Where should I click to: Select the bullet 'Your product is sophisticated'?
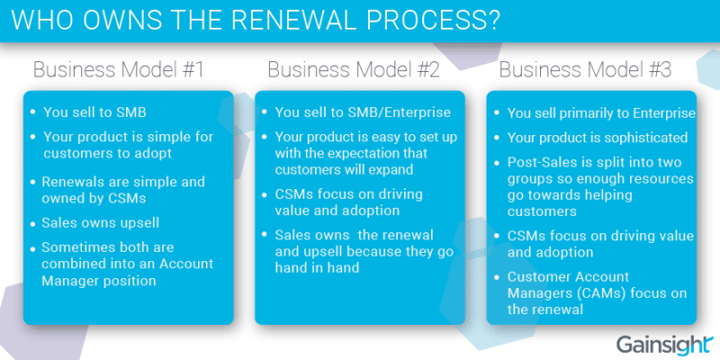[x=598, y=138]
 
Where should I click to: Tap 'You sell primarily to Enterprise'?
[x=601, y=113]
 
